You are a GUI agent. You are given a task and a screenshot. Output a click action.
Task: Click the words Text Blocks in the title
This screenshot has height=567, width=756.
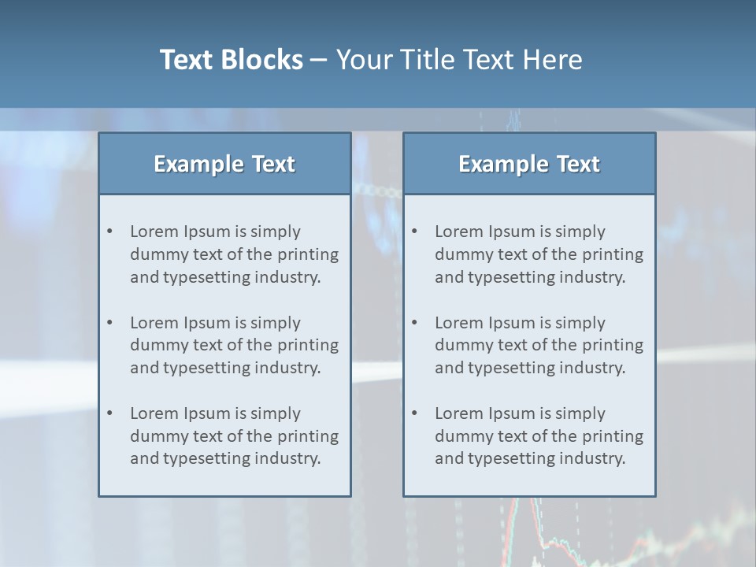(232, 60)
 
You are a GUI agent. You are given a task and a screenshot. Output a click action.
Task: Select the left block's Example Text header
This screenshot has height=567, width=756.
(224, 164)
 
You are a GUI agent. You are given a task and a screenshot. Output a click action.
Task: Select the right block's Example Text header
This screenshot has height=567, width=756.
(529, 164)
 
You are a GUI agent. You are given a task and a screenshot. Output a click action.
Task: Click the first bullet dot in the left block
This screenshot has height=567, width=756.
(110, 232)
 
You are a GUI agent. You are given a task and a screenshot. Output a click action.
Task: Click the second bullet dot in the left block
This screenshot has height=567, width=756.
(110, 323)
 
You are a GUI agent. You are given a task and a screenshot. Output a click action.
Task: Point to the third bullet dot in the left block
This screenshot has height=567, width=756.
(110, 413)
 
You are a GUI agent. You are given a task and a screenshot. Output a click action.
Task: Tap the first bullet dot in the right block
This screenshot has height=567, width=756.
(415, 232)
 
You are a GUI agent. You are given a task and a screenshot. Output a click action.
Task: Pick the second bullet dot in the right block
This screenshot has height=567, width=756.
(415, 323)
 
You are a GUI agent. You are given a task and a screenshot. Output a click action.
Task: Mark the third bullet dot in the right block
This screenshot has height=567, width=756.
(415, 413)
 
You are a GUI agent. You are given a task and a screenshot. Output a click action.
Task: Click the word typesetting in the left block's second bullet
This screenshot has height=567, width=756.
(207, 368)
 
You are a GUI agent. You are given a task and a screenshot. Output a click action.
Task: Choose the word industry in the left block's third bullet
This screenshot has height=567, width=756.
(288, 458)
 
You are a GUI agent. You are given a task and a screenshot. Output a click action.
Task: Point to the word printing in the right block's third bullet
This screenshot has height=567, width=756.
(613, 436)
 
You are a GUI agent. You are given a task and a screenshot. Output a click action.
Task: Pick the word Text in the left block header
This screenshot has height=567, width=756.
(273, 164)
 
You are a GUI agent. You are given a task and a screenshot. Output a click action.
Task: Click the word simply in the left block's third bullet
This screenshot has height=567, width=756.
(276, 413)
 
